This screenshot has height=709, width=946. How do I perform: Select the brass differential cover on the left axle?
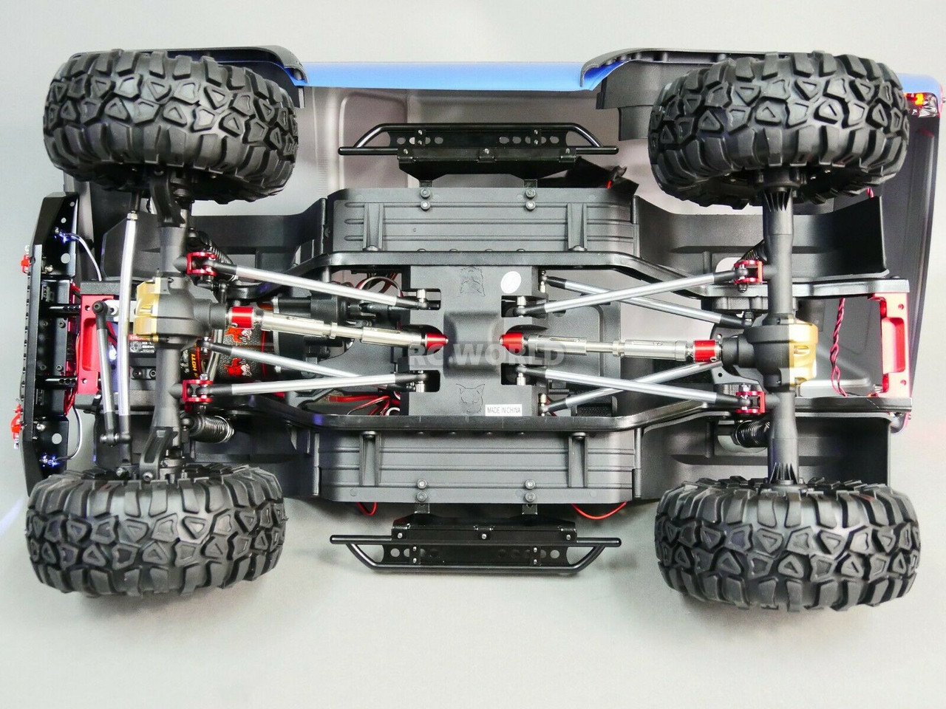(149, 305)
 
